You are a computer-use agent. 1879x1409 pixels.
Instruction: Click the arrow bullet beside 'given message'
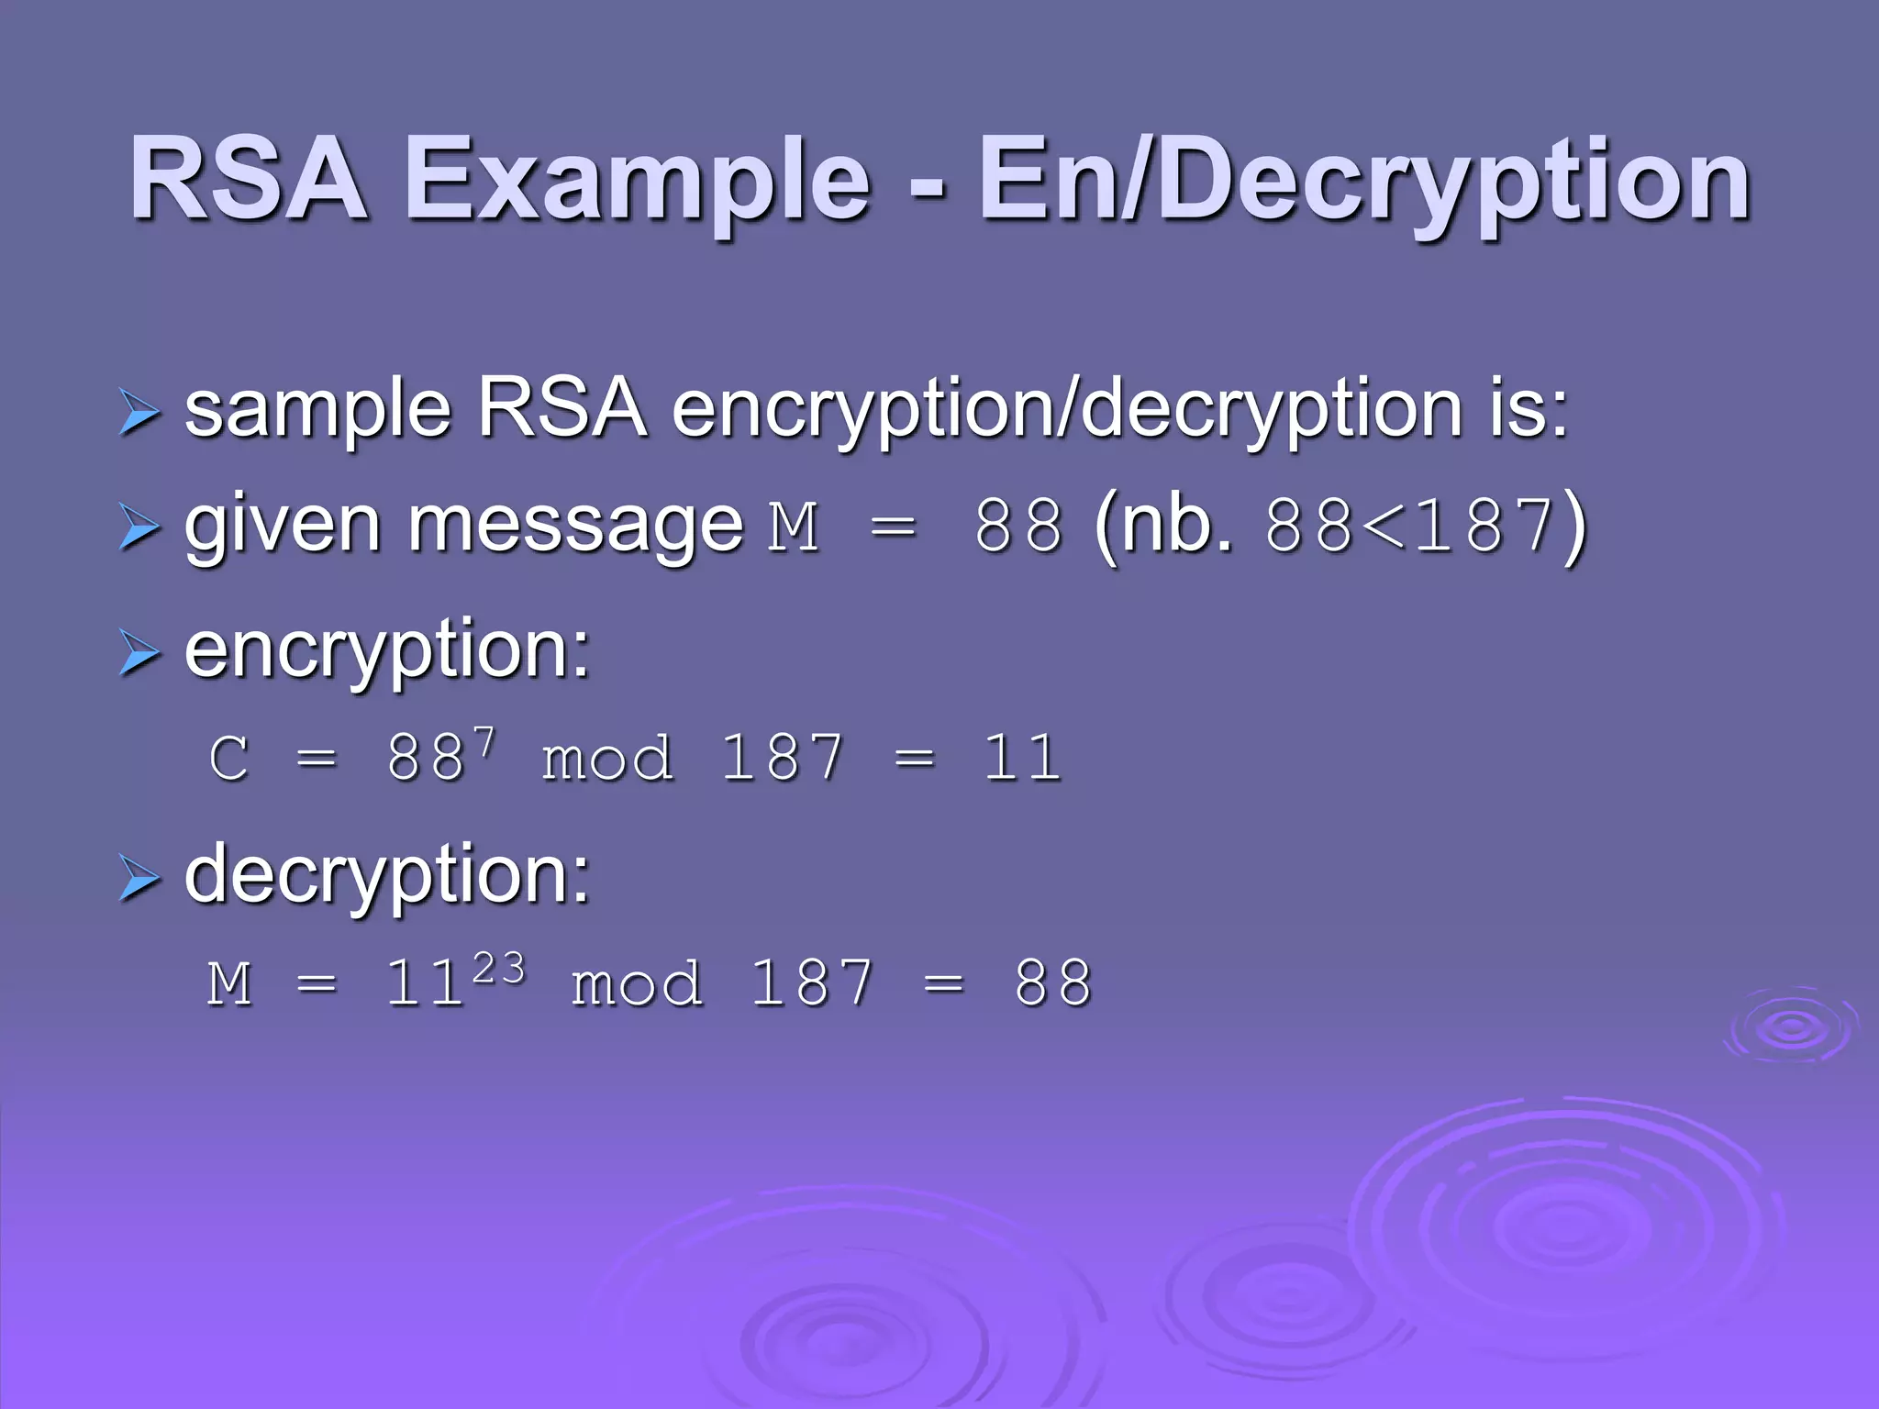tap(139, 529)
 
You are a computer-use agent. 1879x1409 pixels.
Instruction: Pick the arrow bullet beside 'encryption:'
tap(139, 654)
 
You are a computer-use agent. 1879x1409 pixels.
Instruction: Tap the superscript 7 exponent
tap(484, 740)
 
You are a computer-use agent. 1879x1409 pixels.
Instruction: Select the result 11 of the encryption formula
tap(1022, 759)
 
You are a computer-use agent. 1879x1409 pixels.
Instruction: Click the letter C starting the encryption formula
tap(229, 759)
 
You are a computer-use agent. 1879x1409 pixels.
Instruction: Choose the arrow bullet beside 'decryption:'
tap(139, 880)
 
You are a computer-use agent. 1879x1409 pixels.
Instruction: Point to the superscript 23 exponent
tap(499, 968)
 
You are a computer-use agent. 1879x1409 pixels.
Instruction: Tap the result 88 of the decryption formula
tap(1053, 984)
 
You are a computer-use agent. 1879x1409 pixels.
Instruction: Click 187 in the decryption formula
tap(811, 984)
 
